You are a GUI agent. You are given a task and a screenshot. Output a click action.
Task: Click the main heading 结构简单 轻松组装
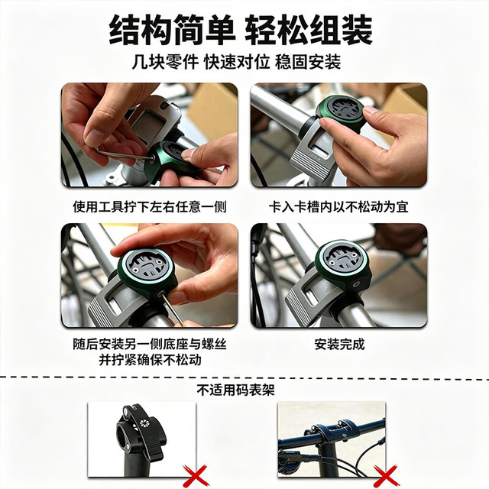point(241,31)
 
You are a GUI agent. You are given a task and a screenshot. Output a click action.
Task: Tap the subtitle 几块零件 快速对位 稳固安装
point(236,62)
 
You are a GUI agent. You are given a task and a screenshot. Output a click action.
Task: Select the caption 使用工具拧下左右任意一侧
point(150,207)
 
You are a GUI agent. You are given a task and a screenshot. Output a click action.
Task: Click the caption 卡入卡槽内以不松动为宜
point(338,207)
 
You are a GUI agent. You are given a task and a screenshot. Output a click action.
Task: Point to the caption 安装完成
point(339,345)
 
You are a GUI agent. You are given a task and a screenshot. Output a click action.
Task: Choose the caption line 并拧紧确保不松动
point(150,360)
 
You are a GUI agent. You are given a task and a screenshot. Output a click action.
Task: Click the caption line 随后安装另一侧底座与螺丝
point(150,345)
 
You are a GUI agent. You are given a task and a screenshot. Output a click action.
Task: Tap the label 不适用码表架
point(236,390)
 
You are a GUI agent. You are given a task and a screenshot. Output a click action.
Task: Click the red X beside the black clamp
point(196,475)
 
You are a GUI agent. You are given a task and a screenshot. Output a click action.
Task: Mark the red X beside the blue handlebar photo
point(386,475)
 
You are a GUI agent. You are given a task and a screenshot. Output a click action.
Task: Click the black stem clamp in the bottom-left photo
point(140,436)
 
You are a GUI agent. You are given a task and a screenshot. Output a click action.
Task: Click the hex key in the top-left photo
point(125,154)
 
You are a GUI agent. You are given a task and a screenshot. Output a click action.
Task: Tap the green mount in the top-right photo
point(340,114)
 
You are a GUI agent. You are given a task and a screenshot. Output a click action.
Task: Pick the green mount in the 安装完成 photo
point(342,265)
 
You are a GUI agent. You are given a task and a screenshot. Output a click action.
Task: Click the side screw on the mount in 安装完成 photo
point(355,284)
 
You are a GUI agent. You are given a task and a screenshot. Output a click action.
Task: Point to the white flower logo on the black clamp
point(144,423)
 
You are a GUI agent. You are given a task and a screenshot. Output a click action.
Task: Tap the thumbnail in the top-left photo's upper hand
point(94,138)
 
